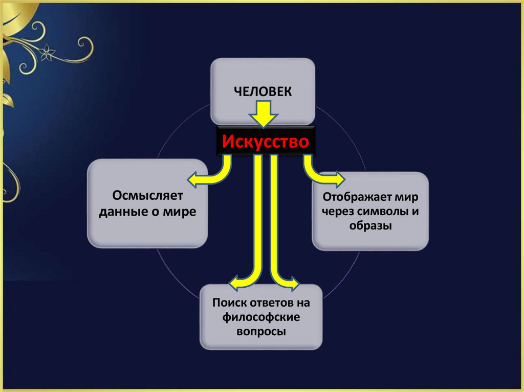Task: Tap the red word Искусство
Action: pos(266,141)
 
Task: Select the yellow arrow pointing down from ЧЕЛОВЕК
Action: pos(264,114)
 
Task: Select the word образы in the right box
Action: pos(370,225)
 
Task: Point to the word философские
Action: pos(261,317)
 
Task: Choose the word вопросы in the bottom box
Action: pos(261,331)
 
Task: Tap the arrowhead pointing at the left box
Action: pos(193,179)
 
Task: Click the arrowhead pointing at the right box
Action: pos(339,179)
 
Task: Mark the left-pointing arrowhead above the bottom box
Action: pos(234,282)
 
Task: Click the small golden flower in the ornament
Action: pos(49,51)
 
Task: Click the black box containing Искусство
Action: pos(266,141)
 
